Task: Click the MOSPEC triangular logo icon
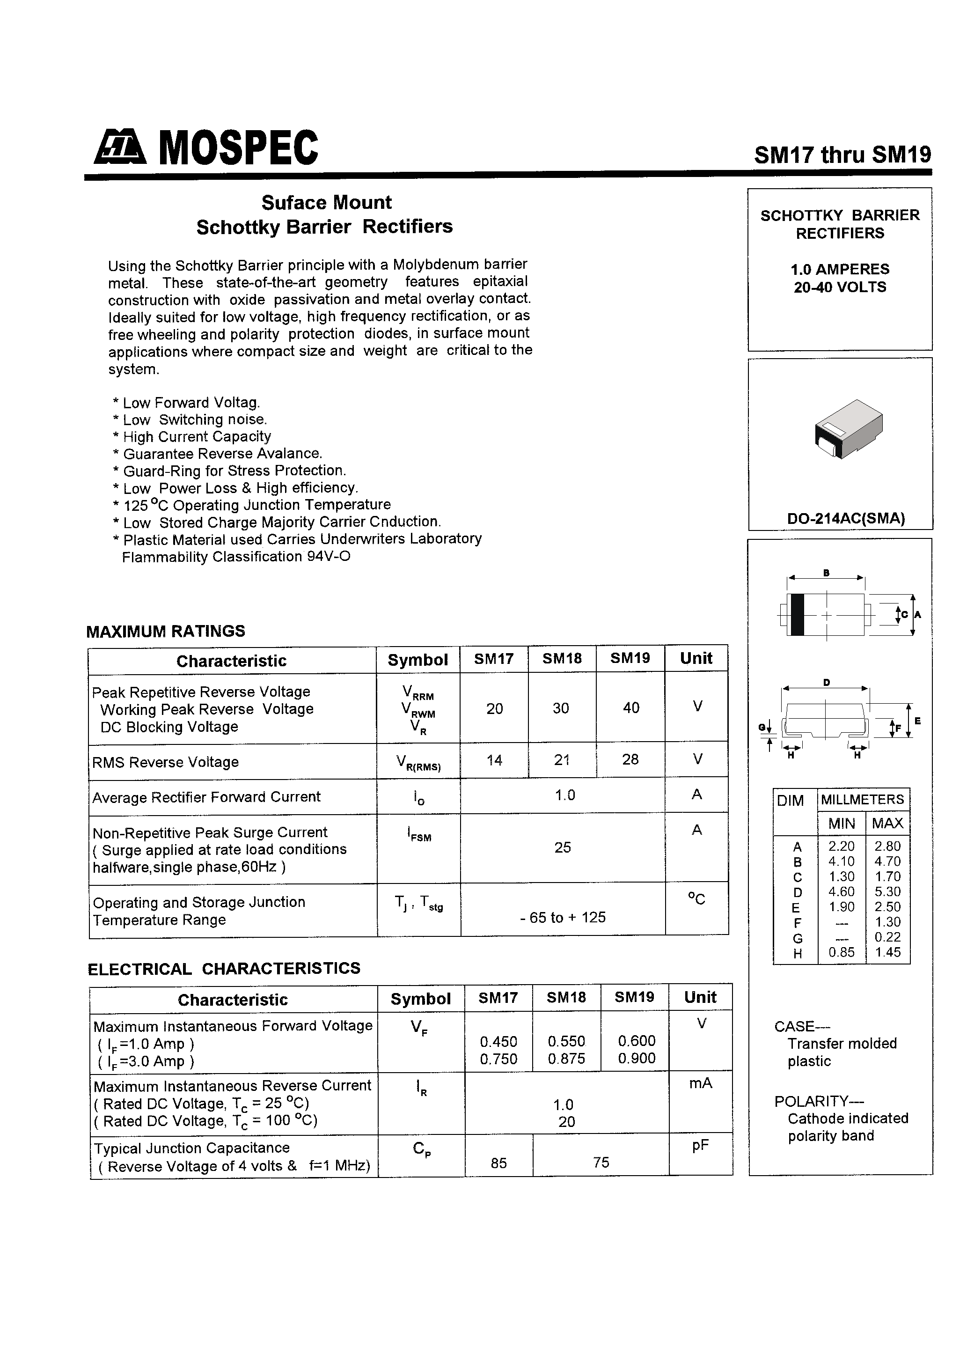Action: (120, 148)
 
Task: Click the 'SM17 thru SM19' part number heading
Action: (842, 155)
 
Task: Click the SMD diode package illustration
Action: (849, 428)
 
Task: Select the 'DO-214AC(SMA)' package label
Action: (845, 519)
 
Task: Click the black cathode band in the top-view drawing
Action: (797, 615)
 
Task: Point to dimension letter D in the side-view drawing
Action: (826, 682)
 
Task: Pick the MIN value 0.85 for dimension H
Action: (841, 953)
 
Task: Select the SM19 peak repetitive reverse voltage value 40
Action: (631, 708)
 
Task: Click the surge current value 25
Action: (562, 847)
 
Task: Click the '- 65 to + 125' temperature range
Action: (562, 917)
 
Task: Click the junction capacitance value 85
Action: (498, 1163)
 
